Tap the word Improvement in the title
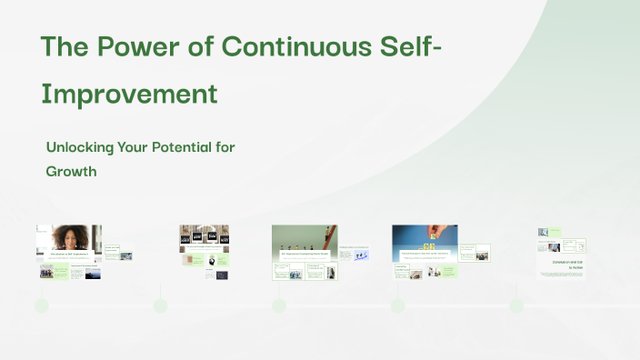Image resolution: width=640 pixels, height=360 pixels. coord(128,94)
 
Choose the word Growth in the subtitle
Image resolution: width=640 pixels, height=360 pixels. coord(71,170)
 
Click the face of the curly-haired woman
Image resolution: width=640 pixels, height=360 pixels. coord(70,236)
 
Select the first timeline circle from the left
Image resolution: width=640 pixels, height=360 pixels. coord(41,305)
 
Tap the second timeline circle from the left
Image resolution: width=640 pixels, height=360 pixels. coord(160,305)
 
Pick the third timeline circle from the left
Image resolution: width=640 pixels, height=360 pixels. coord(279,305)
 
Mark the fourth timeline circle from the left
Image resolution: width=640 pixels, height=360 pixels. coord(397,305)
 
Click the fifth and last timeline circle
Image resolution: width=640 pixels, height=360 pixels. coord(516,305)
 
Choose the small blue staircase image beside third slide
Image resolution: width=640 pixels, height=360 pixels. coord(360,256)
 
